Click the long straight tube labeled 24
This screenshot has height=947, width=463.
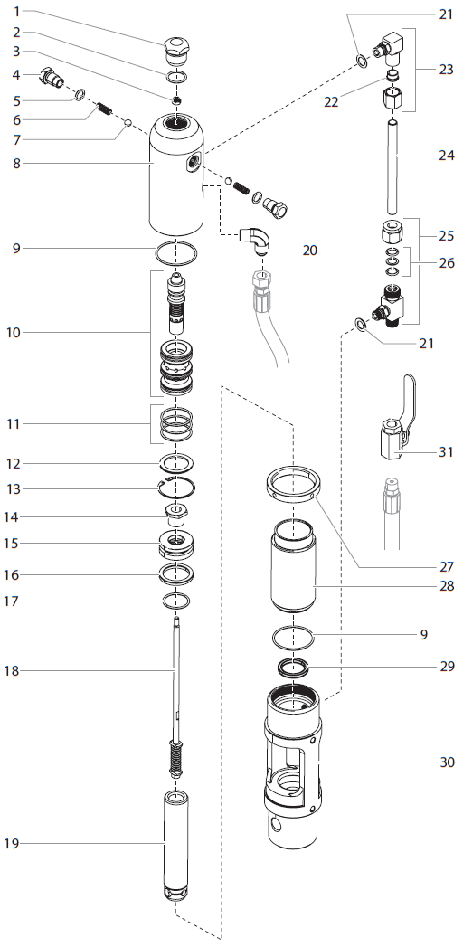(x=394, y=167)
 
